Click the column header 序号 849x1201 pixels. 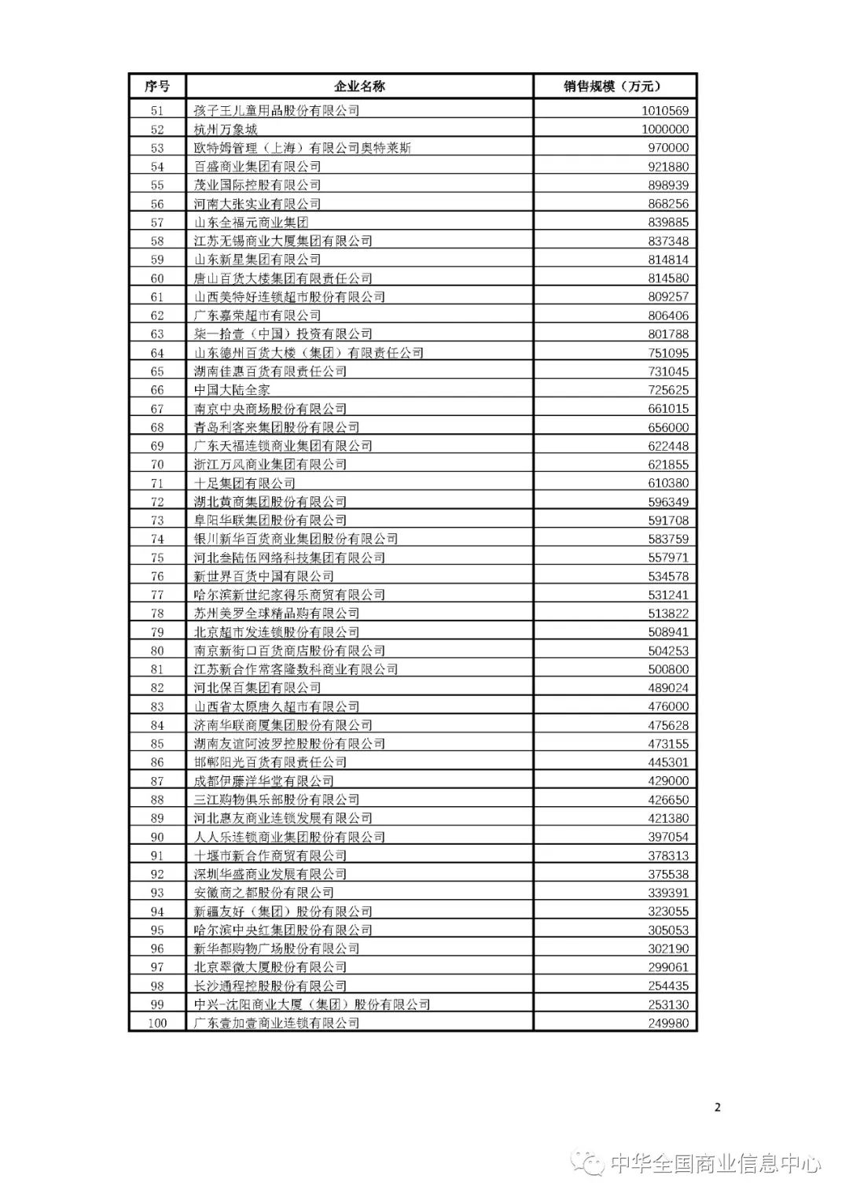pos(157,87)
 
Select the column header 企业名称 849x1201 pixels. pos(360,87)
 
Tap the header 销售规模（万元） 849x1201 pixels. pos(613,87)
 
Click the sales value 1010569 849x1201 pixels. pos(664,111)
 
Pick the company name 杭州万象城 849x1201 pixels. pos(226,130)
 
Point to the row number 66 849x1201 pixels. pos(157,390)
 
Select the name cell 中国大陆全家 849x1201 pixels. pos(232,390)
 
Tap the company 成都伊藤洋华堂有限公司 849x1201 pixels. pos(264,781)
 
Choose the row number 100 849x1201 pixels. pos(157,1023)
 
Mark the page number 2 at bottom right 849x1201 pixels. pos(717,1107)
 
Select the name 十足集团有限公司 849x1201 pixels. pos(244,483)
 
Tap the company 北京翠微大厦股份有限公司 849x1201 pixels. pos(270,967)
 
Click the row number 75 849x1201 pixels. pos(157,558)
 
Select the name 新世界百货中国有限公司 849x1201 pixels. pos(264,577)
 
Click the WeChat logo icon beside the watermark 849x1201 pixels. pos(587,1162)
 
